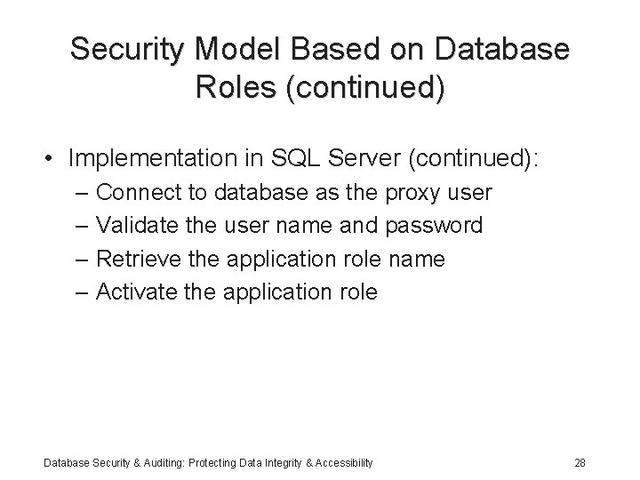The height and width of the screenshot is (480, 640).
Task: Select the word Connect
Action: [134, 192]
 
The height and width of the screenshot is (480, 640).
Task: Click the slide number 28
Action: [580, 462]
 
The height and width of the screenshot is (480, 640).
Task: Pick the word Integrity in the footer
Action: [272, 462]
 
